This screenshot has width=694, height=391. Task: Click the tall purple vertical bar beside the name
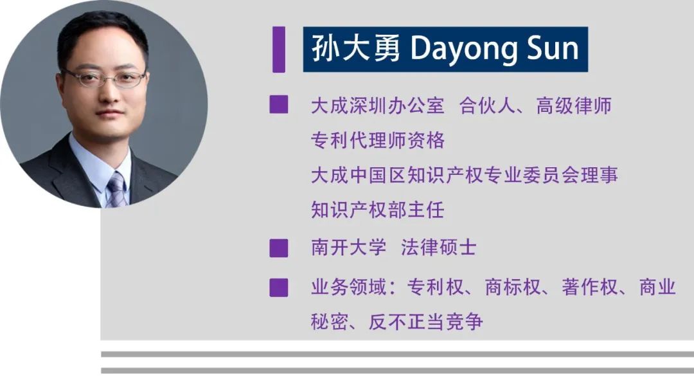click(x=279, y=49)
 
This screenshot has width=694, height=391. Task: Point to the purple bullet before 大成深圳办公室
click(x=279, y=105)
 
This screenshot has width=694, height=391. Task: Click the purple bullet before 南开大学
click(x=279, y=248)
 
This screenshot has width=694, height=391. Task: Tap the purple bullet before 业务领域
click(x=279, y=288)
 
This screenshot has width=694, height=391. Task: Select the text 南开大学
click(x=349, y=247)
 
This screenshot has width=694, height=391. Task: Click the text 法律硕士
click(x=439, y=247)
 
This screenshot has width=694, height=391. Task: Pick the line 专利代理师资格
click(x=378, y=140)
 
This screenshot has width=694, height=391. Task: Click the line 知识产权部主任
click(x=378, y=210)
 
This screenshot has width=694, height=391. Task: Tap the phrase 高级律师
click(x=574, y=106)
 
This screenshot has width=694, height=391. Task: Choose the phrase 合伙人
click(x=487, y=106)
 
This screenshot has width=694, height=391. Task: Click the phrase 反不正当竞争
click(x=426, y=322)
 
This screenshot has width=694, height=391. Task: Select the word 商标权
click(x=513, y=287)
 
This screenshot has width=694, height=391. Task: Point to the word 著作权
click(x=590, y=287)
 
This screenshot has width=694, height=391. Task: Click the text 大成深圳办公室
click(x=378, y=106)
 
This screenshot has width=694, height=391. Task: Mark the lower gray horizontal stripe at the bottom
click(x=398, y=370)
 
